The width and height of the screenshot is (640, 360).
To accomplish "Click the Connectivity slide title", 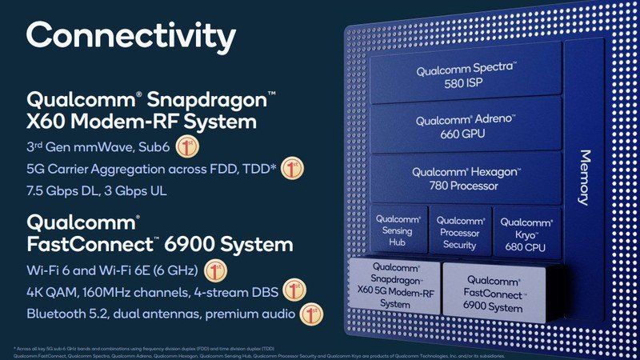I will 131,36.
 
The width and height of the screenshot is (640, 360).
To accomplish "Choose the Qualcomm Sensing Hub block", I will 397,232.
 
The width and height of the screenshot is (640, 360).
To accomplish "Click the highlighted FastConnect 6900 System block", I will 493,293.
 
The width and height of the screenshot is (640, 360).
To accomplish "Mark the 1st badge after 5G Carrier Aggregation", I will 292,170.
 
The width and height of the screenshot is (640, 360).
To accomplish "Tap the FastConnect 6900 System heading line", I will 159,244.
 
